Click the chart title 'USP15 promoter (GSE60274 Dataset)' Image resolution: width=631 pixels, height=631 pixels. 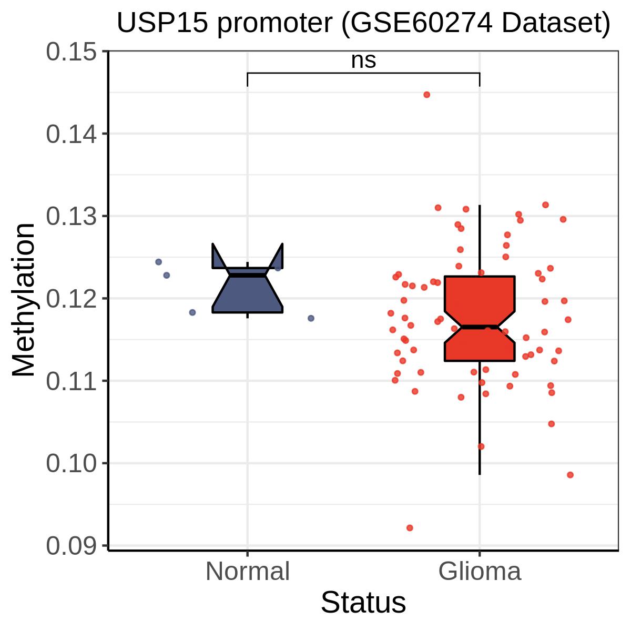click(363, 24)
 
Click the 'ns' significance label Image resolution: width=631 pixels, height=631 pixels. click(363, 61)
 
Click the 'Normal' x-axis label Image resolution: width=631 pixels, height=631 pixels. click(247, 572)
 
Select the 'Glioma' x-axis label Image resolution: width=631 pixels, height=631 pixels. click(480, 572)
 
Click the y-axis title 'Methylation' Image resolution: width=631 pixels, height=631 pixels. click(24, 300)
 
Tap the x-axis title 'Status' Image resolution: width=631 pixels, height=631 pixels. click(363, 603)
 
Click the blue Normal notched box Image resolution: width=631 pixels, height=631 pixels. click(247, 294)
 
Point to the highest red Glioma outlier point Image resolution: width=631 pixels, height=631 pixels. click(426, 95)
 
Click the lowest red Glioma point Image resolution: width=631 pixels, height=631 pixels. click(410, 527)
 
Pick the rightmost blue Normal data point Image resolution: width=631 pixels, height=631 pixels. click(311, 318)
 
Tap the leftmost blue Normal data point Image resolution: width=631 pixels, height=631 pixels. click(158, 262)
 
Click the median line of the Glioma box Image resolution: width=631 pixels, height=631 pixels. click(480, 327)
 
